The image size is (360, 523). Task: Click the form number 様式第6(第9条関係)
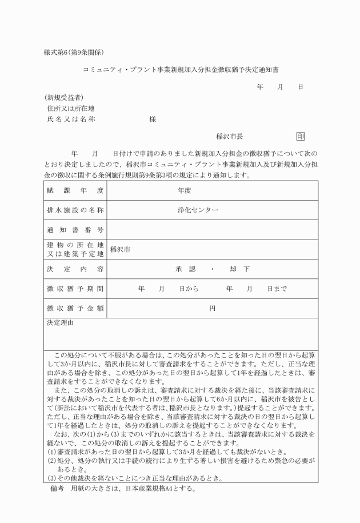[73, 52]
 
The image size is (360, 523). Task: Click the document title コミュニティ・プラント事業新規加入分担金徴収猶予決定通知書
[181, 69]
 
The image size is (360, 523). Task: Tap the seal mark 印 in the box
[301, 137]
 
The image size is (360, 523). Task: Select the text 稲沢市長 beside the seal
[229, 137]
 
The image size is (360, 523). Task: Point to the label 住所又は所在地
[71, 108]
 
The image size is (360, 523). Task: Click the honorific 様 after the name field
[153, 119]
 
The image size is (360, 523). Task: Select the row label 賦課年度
[75, 190]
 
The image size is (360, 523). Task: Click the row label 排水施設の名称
[75, 210]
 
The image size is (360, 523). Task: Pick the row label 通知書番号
[75, 229]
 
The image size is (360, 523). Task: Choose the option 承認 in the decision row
[185, 269]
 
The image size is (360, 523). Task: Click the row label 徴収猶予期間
[75, 289]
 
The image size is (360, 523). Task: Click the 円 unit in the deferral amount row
[212, 309]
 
